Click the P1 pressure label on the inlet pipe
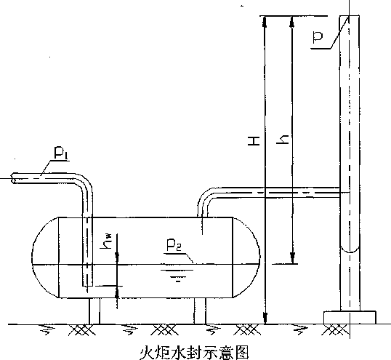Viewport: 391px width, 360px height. pos(61,153)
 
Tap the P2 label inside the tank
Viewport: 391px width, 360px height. pos(174,245)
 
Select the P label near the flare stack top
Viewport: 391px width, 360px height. pos(318,37)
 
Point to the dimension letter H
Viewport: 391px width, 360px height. pos(254,140)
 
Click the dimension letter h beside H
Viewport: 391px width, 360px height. pos(283,140)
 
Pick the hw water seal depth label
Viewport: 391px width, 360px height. pos(106,241)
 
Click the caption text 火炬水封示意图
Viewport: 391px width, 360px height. pos(194,352)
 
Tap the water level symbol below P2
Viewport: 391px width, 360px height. pos(177,276)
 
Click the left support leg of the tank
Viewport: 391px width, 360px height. pos(94,311)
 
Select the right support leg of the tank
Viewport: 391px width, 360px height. pos(200,311)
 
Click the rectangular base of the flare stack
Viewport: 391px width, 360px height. pos(350,317)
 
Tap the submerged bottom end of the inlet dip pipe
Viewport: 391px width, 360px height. pos(87,286)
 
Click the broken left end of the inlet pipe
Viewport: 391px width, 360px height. pos(13,178)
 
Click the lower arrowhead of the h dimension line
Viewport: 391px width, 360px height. pos(293,257)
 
